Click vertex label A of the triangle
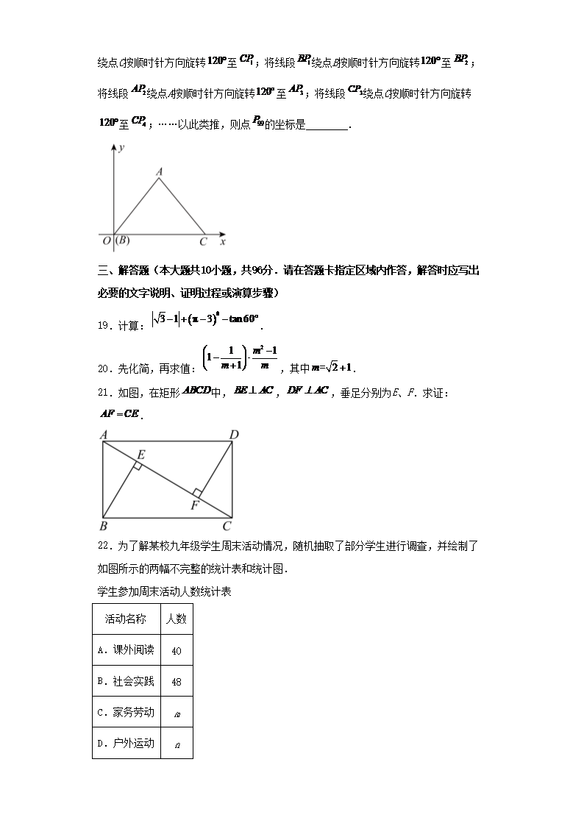pyautogui.click(x=159, y=172)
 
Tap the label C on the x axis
pyautogui.click(x=204, y=241)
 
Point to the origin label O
pyautogui.click(x=106, y=241)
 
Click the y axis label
pyautogui.click(x=120, y=149)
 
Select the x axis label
pyautogui.click(x=222, y=241)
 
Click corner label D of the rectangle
pyautogui.click(x=234, y=435)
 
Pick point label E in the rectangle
pyautogui.click(x=140, y=455)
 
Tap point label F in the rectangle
pyautogui.click(x=194, y=505)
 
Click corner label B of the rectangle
pyautogui.click(x=103, y=525)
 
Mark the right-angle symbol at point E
pyautogui.click(x=137, y=466)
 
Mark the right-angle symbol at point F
pyautogui.click(x=197, y=493)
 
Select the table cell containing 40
pyautogui.click(x=177, y=650)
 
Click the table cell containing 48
pyautogui.click(x=177, y=681)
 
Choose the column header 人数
pyautogui.click(x=177, y=619)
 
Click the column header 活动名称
pyautogui.click(x=126, y=619)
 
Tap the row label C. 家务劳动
pyautogui.click(x=126, y=712)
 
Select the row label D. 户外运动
pyautogui.click(x=126, y=743)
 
